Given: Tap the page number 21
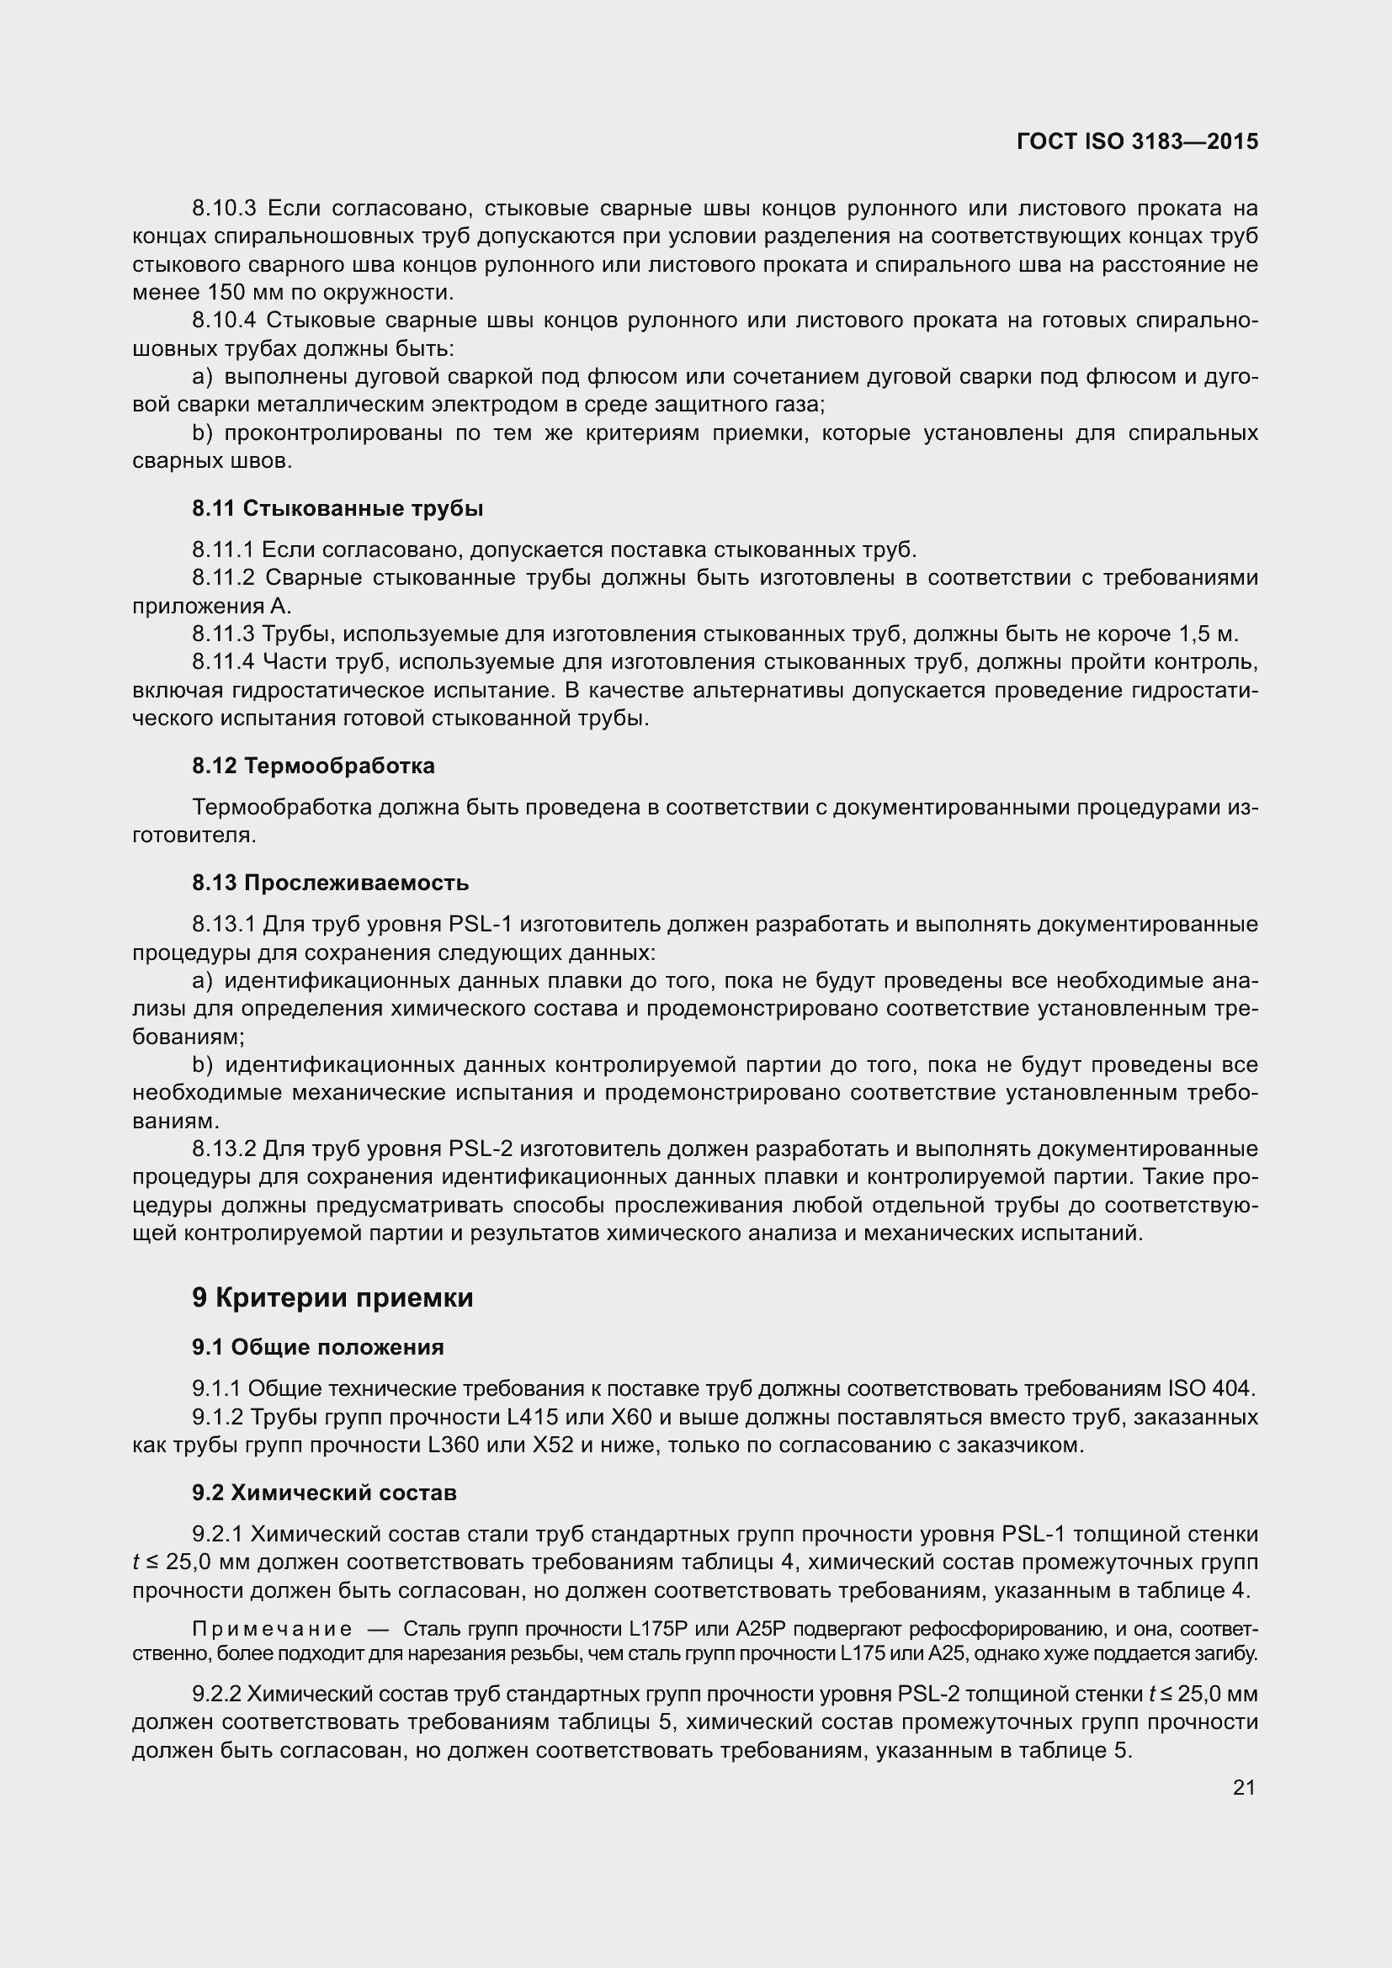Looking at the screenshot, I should point(1244,1787).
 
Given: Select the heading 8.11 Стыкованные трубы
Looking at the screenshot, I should point(337,508).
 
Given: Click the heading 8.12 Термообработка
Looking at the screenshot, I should point(313,766).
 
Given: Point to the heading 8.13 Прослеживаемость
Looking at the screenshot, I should point(332,882).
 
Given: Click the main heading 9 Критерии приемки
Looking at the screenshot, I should point(332,1298).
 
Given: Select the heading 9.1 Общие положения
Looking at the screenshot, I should point(318,1347).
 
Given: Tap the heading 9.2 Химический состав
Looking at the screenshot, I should point(324,1493).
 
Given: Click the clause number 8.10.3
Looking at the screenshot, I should point(224,209).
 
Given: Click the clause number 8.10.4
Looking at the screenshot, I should point(224,321).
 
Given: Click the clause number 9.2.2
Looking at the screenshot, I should point(218,1695).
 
